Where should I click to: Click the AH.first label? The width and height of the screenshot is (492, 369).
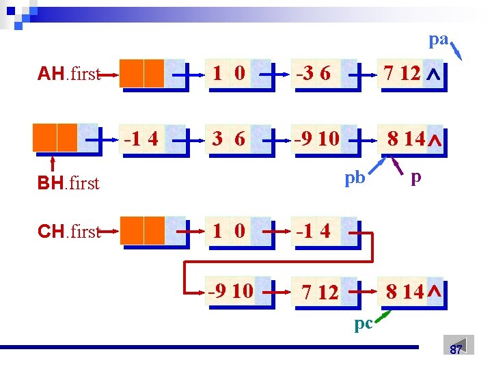pyautogui.click(x=69, y=74)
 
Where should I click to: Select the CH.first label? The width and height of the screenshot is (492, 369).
pyautogui.click(x=69, y=231)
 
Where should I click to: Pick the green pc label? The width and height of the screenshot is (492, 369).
pyautogui.click(x=364, y=323)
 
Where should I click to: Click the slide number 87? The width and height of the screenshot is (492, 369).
pyautogui.click(x=456, y=349)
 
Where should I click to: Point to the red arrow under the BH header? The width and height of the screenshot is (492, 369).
pyautogui.click(x=54, y=165)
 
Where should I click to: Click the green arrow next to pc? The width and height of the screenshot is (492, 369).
pyautogui.click(x=384, y=315)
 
